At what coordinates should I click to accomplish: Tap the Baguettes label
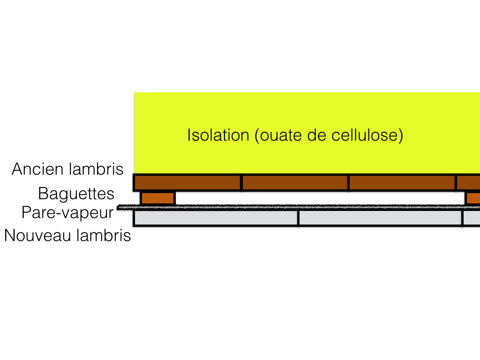[76, 194]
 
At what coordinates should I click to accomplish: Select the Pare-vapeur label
[67, 213]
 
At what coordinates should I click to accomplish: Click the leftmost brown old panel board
[187, 182]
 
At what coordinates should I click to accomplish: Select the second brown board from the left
[295, 182]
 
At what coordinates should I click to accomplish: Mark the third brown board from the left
[402, 182]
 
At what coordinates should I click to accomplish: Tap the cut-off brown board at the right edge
[469, 182]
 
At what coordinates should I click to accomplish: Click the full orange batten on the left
[158, 198]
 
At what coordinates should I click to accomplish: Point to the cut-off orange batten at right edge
[472, 198]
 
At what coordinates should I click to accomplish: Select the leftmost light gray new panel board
[216, 218]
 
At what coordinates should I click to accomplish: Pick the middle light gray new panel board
[380, 218]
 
